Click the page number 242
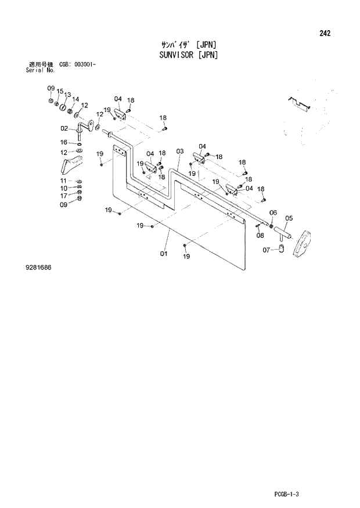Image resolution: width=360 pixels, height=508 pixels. point(325,33)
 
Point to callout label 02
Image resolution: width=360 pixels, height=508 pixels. point(64,128)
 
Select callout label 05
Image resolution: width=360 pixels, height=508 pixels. point(289,218)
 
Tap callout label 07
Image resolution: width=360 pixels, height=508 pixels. point(266,250)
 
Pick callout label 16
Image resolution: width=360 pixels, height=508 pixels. point(64,142)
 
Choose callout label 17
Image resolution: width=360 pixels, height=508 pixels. point(64,196)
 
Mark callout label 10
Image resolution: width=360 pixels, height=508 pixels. point(64,189)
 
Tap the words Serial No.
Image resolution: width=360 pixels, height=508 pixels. point(40,70)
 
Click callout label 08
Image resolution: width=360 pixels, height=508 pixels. point(260,235)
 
